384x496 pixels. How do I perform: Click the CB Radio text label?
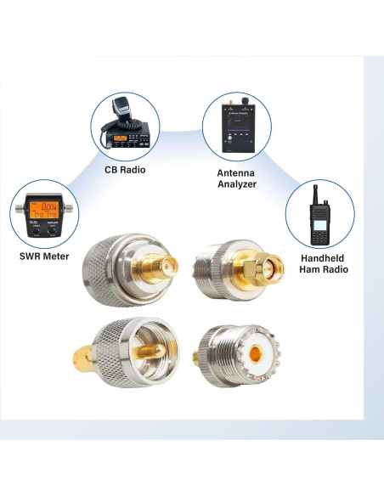[124, 169]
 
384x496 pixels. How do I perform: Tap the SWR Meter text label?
[45, 256]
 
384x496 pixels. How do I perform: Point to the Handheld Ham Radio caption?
[324, 262]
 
